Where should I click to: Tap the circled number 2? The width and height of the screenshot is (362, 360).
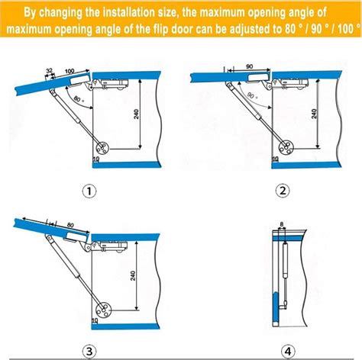coord(282,191)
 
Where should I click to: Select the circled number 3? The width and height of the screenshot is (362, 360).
coord(89,351)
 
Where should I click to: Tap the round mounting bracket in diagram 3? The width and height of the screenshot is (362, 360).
coord(102,310)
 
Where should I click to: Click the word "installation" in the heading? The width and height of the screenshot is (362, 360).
coord(128,13)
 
